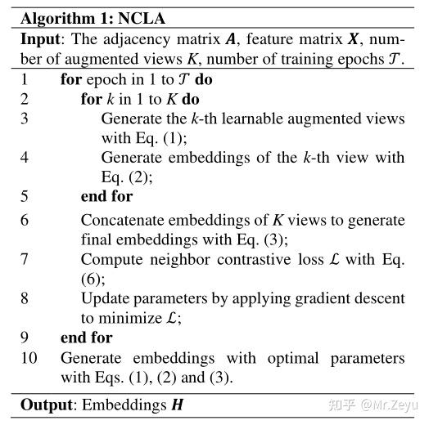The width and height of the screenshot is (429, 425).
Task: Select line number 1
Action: tap(24, 79)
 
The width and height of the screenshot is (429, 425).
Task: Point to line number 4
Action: tap(25, 157)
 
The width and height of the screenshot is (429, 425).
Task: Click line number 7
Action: tap(25, 259)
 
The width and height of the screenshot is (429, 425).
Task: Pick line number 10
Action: tap(27, 358)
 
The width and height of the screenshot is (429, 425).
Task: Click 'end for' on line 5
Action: tap(106, 196)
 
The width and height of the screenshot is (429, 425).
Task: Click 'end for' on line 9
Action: tap(86, 338)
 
